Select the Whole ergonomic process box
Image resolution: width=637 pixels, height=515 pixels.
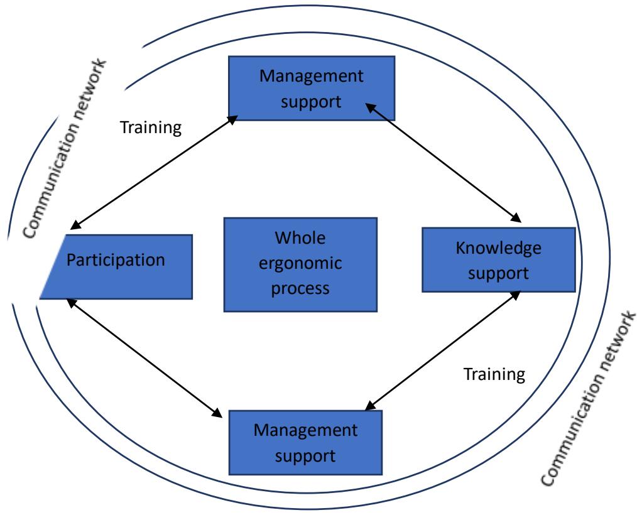[x=300, y=264]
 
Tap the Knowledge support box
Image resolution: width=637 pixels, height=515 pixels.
[x=498, y=260]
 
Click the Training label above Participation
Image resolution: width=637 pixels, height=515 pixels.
[x=151, y=128]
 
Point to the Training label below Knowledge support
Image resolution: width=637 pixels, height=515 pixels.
[x=493, y=375]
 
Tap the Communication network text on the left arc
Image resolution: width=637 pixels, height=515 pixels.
[x=66, y=148]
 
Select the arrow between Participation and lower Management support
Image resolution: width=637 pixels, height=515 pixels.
[x=144, y=357]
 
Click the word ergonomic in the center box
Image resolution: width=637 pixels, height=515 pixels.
[x=300, y=264]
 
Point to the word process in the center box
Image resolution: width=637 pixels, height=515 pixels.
[x=300, y=290]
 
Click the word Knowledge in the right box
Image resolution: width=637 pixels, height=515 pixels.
[x=498, y=248]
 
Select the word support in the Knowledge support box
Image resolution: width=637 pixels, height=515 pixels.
[x=498, y=273]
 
